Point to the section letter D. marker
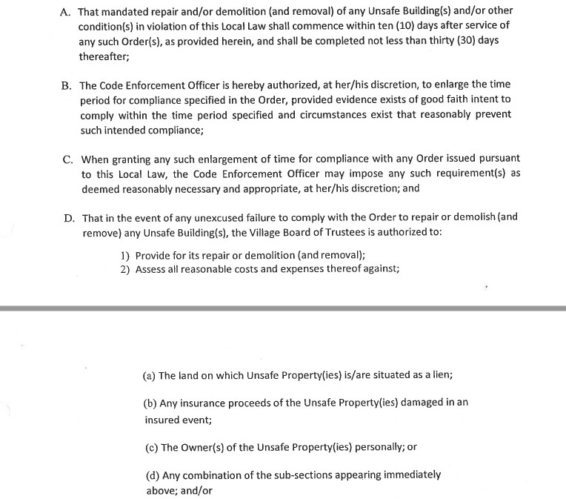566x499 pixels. pos(68,218)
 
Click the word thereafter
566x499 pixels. pos(105,56)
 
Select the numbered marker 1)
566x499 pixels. pos(125,255)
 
